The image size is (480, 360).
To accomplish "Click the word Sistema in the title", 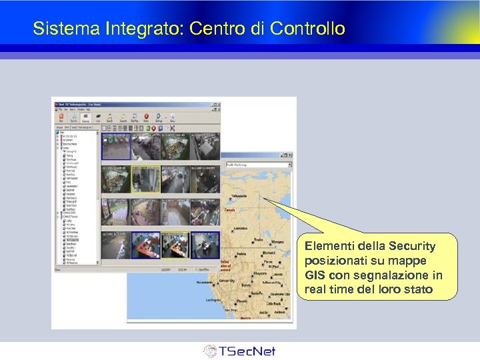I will pyautogui.click(x=57, y=29).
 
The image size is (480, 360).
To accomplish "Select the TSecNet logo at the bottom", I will pyautogui.click(x=239, y=351).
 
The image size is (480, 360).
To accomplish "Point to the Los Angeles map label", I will pyautogui.click(x=214, y=300).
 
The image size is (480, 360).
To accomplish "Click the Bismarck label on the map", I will pyautogui.click(x=268, y=253).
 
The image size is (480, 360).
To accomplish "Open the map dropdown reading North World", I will pyautogui.click(x=259, y=164).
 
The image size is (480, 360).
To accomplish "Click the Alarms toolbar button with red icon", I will pyautogui.click(x=146, y=117).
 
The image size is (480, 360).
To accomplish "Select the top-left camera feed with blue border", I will pyautogui.click(x=116, y=147).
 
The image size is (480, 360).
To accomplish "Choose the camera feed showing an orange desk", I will pyautogui.click(x=147, y=244).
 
